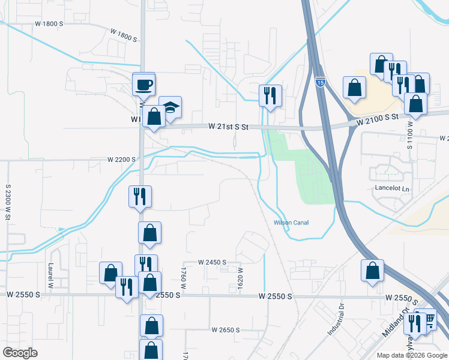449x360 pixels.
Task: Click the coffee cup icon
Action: click(144, 84)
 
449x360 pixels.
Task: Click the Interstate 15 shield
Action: click(321, 82)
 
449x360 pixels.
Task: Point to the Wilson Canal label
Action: click(291, 223)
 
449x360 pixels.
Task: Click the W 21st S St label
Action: click(229, 127)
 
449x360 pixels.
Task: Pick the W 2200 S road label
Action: click(122, 160)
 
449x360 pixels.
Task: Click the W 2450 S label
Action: click(212, 262)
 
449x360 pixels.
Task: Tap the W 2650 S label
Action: click(225, 330)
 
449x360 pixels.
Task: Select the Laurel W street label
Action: click(52, 277)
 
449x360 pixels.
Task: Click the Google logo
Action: click(20, 353)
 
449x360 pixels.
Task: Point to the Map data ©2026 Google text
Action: click(411, 355)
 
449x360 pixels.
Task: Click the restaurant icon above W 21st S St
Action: click(270, 95)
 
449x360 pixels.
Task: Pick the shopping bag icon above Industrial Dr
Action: click(373, 270)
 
